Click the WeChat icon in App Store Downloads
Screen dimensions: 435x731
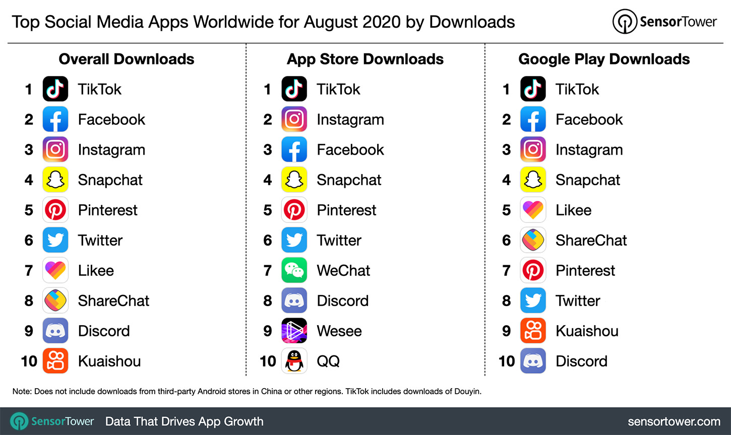pos(294,270)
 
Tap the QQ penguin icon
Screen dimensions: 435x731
pos(294,361)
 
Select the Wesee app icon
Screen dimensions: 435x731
pos(294,331)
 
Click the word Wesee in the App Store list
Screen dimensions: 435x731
pos(339,331)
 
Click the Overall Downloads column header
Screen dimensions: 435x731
pos(126,59)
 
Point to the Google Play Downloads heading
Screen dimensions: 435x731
pos(603,59)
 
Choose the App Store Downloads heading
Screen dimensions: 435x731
pos(365,59)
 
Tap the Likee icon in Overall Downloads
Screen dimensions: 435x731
pos(55,270)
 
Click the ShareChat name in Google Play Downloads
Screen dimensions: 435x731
pos(591,240)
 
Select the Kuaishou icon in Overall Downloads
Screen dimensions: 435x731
pos(55,361)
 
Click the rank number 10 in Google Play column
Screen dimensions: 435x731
pos(506,361)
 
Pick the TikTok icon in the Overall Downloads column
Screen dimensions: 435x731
pos(55,89)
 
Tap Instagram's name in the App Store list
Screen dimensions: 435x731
pos(350,120)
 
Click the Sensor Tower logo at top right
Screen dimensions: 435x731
pos(664,22)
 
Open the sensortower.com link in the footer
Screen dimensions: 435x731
pos(674,421)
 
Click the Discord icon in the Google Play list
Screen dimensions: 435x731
pos(533,361)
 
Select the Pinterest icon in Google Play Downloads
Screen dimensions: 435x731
pos(533,270)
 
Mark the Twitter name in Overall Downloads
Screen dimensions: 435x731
pos(100,240)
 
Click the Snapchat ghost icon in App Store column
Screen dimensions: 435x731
pos(294,180)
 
